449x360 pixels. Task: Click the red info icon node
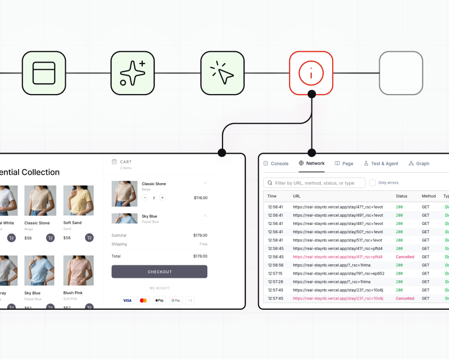(311, 73)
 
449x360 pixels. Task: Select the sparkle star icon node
(133, 73)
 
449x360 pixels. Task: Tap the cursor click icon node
(222, 73)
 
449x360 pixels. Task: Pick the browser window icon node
(44, 73)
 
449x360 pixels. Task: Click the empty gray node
(401, 73)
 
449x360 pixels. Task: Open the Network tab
(311, 163)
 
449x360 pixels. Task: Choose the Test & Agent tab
(381, 163)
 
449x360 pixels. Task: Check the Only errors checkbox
(372, 183)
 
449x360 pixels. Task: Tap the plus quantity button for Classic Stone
(162, 198)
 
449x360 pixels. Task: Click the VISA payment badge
(127, 300)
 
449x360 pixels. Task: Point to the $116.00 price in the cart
(200, 198)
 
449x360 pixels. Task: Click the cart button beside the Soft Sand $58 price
(89, 237)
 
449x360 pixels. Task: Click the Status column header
(401, 196)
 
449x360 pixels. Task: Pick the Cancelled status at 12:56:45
(405, 257)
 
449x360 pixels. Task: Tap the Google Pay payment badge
(176, 300)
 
